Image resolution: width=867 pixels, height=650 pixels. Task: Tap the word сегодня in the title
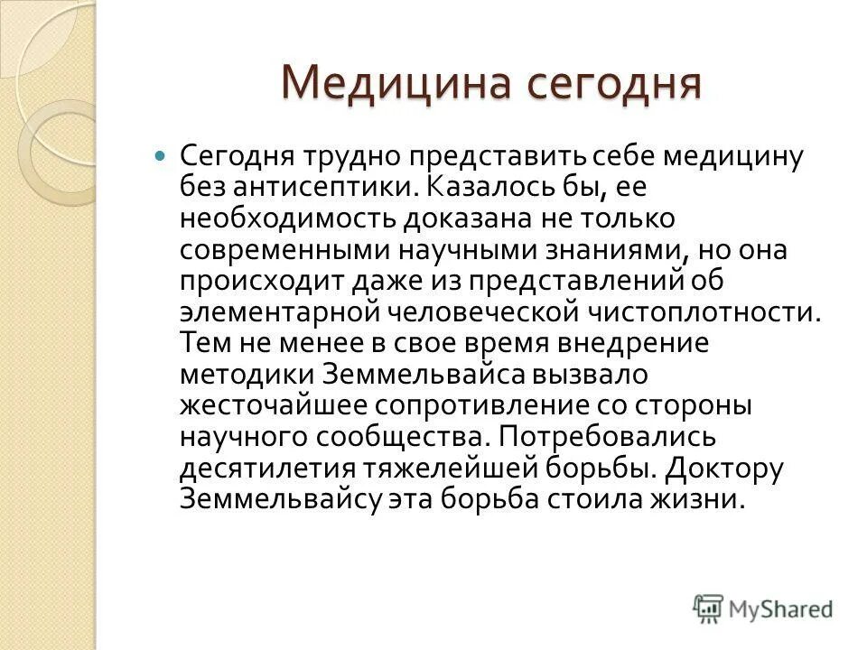point(601,84)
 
